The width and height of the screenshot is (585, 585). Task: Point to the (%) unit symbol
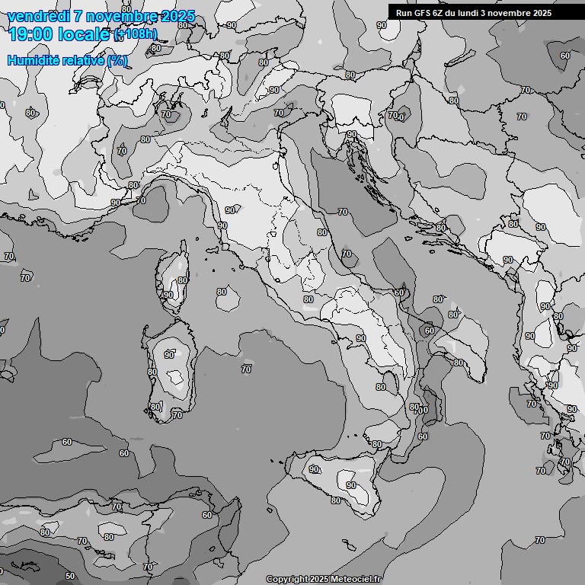[117, 60]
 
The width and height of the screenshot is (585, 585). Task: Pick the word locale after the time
[85, 34]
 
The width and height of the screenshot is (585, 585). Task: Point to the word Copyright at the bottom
[287, 580]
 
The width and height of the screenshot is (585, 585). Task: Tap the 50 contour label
[70, 576]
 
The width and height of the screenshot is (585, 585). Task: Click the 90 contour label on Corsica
[168, 295]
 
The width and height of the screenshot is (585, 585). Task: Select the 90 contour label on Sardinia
[169, 354]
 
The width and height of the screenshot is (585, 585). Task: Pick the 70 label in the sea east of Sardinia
[246, 369]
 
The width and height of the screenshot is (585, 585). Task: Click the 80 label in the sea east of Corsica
[222, 292]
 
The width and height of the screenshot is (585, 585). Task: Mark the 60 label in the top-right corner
[564, 55]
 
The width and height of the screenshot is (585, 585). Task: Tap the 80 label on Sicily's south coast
[336, 500]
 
